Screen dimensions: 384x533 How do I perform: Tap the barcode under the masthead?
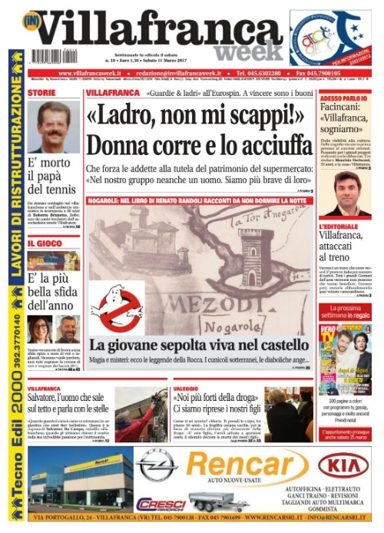[48, 56]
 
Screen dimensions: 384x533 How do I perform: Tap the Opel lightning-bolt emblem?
[157, 465]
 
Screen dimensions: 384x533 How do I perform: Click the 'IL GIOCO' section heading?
[44, 243]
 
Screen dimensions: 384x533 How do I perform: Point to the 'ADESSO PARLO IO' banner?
[343, 100]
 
